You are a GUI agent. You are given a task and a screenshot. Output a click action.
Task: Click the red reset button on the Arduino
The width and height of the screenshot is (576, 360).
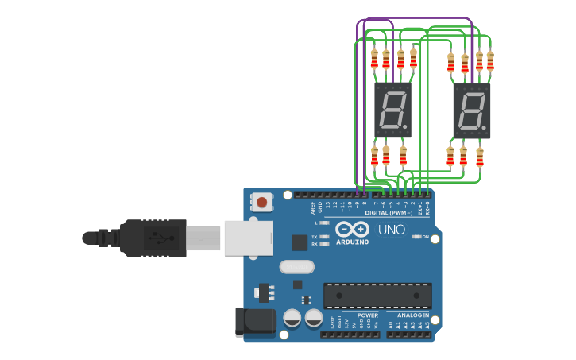coord(261,202)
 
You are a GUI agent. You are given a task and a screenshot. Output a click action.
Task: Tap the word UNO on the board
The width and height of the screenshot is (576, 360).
coord(391,230)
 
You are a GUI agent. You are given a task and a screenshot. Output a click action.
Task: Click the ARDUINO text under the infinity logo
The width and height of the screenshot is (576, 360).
coord(352,242)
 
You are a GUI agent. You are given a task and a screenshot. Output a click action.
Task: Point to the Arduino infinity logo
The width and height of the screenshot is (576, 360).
coord(352,229)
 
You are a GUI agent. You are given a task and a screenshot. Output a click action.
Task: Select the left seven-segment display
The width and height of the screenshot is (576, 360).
coord(392,110)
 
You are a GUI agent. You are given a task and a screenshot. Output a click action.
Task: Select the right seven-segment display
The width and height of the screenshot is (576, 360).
coord(471,110)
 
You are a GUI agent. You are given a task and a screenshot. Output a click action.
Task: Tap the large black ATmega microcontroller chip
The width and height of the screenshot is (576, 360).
coord(377,296)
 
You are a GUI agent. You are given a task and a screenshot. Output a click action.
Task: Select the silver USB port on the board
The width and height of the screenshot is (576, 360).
coord(248,238)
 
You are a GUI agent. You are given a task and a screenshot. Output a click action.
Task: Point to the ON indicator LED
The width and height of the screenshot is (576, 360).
coord(416,237)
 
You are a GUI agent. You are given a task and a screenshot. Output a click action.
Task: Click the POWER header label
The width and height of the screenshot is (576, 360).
coord(368,315)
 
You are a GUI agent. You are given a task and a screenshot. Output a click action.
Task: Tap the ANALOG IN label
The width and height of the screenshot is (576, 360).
coord(413,315)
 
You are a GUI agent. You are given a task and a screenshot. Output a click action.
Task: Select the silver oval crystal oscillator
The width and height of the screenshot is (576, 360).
coord(296,267)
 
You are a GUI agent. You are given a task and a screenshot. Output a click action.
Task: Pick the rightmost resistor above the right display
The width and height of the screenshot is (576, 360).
coord(490,61)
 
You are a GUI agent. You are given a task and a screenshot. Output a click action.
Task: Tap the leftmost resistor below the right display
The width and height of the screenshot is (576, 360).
coord(450,157)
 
